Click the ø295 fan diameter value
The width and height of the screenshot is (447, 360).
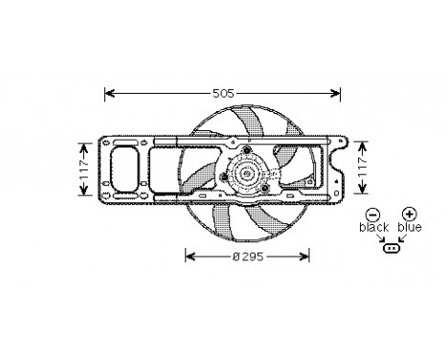[x=248, y=258]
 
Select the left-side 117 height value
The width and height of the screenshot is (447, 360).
[x=83, y=169]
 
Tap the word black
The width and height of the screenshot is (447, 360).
[x=374, y=228]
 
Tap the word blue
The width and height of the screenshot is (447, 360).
[x=410, y=228]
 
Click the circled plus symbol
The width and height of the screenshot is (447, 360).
[x=409, y=214]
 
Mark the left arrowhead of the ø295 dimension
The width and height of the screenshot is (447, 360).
[x=189, y=258]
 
